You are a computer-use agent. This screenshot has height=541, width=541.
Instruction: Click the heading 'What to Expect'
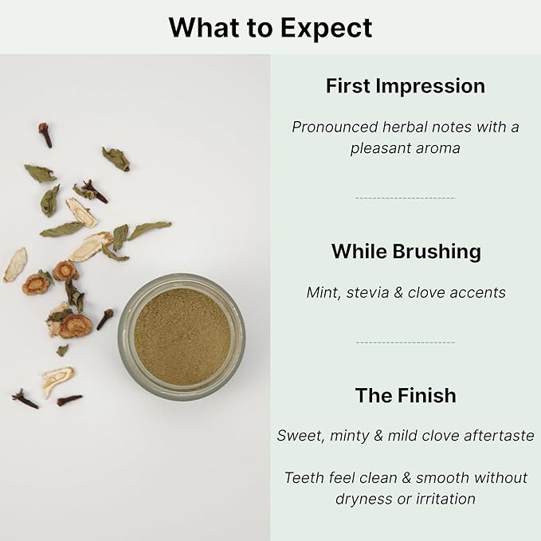pyautogui.click(x=270, y=28)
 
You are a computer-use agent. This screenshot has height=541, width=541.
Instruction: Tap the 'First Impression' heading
pyautogui.click(x=405, y=86)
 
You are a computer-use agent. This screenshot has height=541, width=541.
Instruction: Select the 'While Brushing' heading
pyautogui.click(x=406, y=252)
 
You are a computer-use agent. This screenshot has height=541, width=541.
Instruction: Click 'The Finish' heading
pyautogui.click(x=406, y=395)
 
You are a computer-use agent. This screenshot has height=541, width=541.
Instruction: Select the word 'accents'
pyautogui.click(x=475, y=292)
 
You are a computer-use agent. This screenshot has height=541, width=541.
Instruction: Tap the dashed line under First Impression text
pyautogui.click(x=405, y=198)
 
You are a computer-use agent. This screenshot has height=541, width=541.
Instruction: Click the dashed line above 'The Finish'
pyautogui.click(x=405, y=343)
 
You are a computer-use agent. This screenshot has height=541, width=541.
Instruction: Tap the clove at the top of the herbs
pyautogui.click(x=45, y=133)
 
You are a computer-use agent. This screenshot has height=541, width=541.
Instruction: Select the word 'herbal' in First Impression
pyautogui.click(x=409, y=127)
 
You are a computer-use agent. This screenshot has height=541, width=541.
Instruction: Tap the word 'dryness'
pyautogui.click(x=363, y=500)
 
